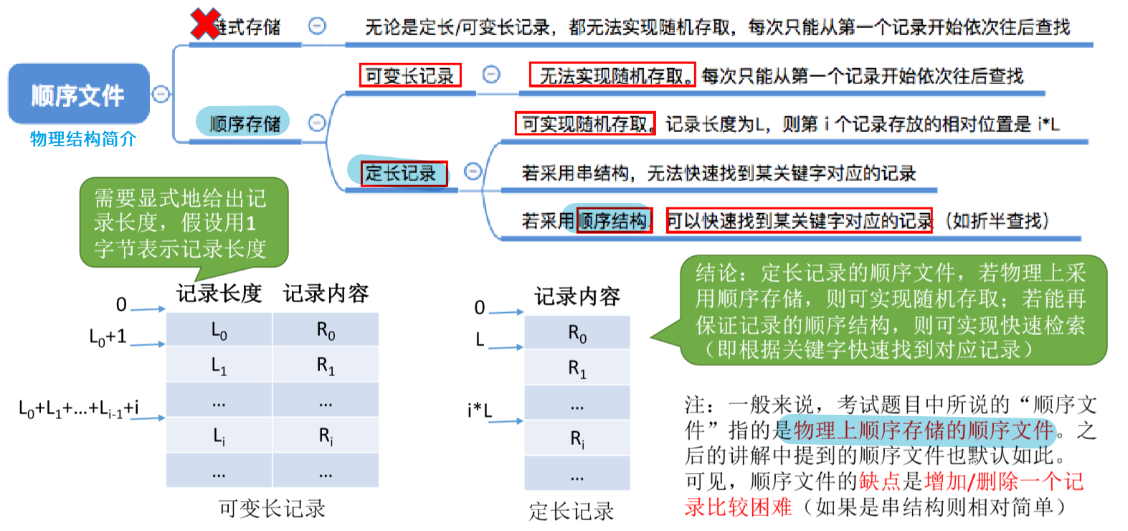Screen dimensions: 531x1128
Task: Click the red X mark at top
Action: click(x=205, y=24)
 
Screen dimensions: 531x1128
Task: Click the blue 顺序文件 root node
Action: click(x=78, y=95)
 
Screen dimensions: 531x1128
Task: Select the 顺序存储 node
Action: click(x=244, y=123)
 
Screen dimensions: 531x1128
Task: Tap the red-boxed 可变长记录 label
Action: click(x=409, y=75)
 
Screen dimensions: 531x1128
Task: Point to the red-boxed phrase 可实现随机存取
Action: click(x=585, y=124)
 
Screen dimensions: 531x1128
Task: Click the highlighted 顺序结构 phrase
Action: click(x=613, y=220)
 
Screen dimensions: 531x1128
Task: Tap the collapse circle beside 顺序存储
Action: click(x=316, y=123)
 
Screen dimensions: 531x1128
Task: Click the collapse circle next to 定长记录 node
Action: click(x=473, y=171)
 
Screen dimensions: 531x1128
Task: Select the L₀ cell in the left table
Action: click(x=219, y=331)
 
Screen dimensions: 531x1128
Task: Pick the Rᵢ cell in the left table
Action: click(x=326, y=436)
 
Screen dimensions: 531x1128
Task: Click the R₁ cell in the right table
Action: click(x=577, y=369)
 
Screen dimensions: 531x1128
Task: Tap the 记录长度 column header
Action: click(x=219, y=293)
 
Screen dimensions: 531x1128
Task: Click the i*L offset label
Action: click(x=479, y=410)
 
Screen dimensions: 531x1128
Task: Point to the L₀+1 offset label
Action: click(x=108, y=336)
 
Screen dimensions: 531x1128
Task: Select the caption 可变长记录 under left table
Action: click(x=272, y=509)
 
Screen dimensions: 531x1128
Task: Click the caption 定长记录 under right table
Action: click(x=572, y=511)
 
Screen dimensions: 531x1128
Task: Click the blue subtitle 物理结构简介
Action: click(x=82, y=139)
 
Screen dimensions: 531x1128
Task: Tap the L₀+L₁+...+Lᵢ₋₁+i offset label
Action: click(x=79, y=409)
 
